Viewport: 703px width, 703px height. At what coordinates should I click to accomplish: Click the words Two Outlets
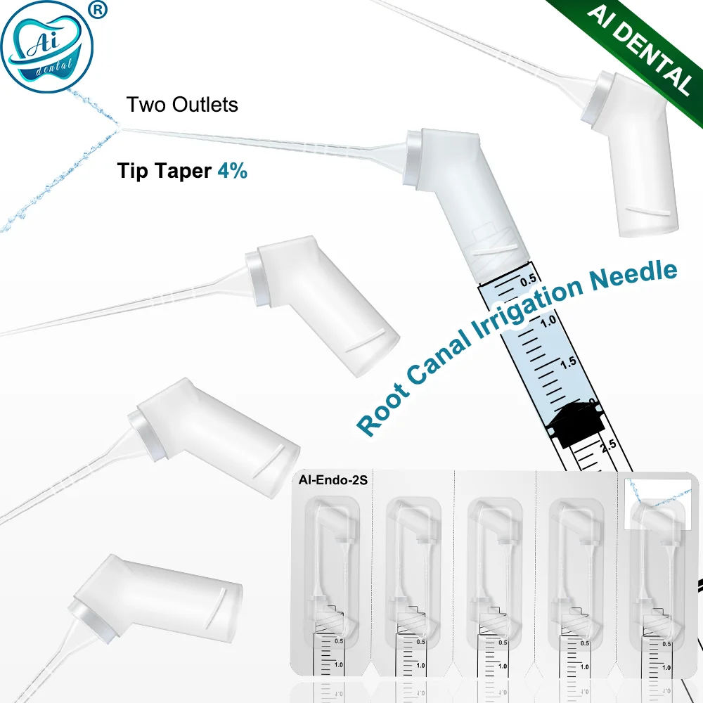pyautogui.click(x=182, y=105)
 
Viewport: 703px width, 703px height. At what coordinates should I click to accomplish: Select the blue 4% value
pyautogui.click(x=232, y=170)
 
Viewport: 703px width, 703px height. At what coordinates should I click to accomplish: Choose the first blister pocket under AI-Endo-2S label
pyautogui.click(x=335, y=576)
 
